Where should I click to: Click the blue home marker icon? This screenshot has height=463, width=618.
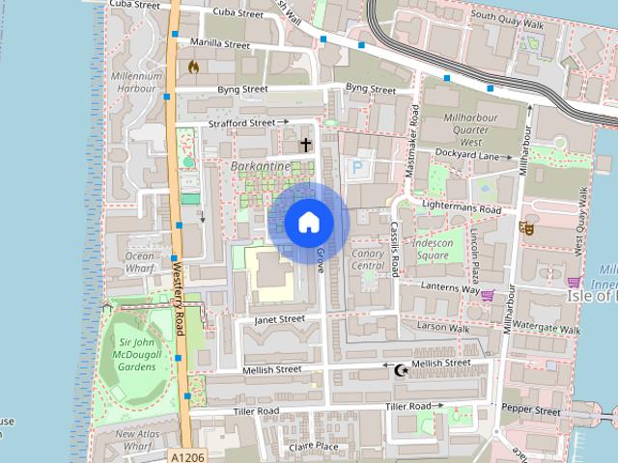[x=308, y=222]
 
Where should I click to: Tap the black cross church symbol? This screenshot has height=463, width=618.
[x=306, y=146]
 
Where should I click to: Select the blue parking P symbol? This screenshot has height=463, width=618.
[x=357, y=168]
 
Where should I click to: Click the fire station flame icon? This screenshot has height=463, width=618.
[x=194, y=68]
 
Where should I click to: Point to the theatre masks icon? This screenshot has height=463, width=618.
[x=526, y=229]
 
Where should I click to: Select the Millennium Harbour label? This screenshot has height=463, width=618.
[x=136, y=82]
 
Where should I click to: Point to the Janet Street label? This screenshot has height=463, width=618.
[x=279, y=318]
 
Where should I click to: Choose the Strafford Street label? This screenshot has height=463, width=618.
[x=242, y=123]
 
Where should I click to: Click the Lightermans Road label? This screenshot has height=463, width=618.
[x=463, y=208]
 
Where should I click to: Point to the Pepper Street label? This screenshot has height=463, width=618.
[x=531, y=411]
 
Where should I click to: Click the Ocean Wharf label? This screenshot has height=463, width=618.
[x=140, y=262]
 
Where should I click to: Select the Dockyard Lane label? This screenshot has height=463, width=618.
[x=466, y=154]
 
